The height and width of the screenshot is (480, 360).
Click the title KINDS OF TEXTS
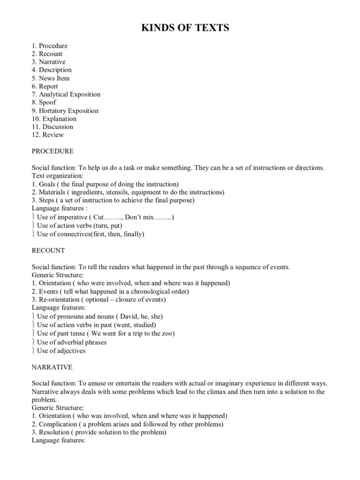[185, 29]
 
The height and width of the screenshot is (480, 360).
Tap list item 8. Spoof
[44, 102]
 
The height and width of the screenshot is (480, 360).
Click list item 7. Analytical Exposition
[66, 94]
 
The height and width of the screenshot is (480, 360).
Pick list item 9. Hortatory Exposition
[65, 111]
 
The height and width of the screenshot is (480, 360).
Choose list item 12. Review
[48, 135]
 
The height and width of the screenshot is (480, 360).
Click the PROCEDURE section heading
[52, 151]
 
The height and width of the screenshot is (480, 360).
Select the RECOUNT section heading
[48, 250]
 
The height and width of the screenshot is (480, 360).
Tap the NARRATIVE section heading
[52, 367]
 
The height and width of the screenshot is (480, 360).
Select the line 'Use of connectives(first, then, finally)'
[90, 234]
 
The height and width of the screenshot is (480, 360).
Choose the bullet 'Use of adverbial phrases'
[72, 342]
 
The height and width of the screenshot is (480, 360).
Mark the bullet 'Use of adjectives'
[61, 351]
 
